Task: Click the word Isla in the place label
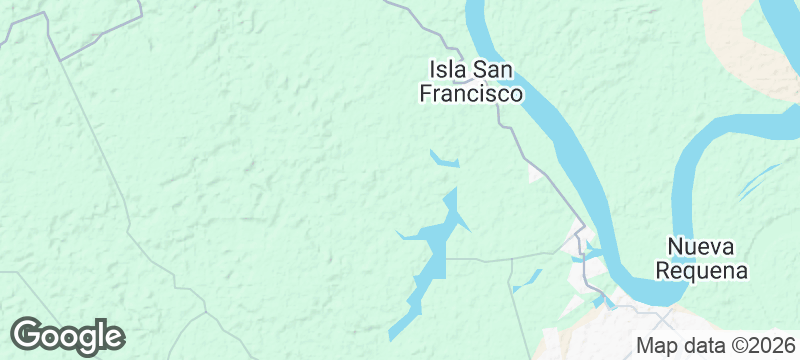click(x=448, y=70)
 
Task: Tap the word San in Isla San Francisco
click(x=498, y=70)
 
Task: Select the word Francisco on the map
click(x=470, y=94)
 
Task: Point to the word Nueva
click(x=701, y=247)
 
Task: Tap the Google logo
click(x=68, y=336)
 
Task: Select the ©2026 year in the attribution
click(x=758, y=347)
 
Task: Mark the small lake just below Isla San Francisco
click(x=444, y=159)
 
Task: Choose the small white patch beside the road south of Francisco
click(x=536, y=175)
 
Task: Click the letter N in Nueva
click(x=675, y=247)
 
